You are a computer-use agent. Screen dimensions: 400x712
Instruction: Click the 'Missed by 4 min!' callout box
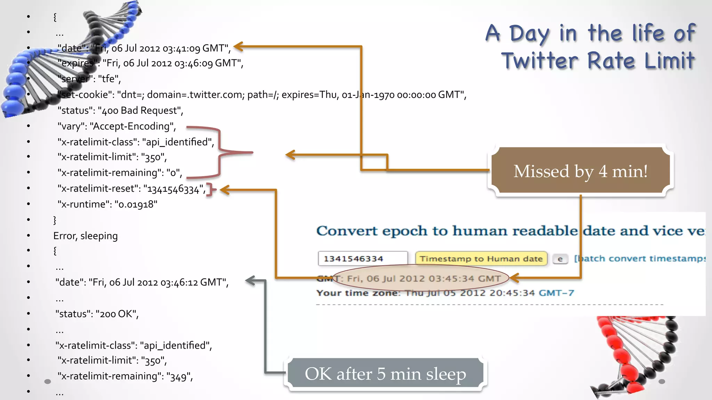coord(581,171)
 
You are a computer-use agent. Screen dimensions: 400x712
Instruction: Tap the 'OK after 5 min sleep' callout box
coord(385,374)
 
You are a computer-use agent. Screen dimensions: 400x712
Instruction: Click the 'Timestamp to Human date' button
coord(481,259)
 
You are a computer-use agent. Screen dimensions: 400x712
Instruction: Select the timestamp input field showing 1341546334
coord(362,259)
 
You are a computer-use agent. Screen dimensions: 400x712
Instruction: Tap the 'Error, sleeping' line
coord(86,236)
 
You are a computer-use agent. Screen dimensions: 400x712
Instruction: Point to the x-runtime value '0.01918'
coord(136,205)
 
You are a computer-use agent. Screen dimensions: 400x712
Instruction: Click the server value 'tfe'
coord(108,79)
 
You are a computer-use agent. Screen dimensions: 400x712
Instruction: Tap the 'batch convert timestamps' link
coord(640,259)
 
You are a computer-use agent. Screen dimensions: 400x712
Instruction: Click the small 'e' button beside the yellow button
coord(560,259)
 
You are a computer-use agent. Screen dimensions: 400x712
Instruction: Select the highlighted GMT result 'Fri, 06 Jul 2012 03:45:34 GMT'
coord(423,278)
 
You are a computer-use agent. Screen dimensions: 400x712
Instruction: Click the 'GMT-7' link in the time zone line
coord(556,293)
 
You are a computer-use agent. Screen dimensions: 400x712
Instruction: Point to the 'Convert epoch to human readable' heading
coord(447,231)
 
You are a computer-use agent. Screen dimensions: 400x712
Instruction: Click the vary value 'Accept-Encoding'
coord(132,126)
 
